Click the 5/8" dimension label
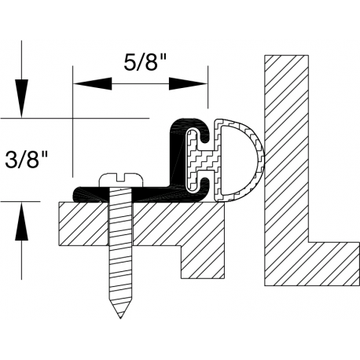(x=145, y=63)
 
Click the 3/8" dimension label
(x=26, y=160)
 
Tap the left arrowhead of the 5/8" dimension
(x=92, y=84)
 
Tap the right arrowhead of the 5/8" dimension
(x=188, y=84)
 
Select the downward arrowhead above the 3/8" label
(x=21, y=98)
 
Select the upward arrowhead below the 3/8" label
(x=21, y=222)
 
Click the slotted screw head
(x=122, y=180)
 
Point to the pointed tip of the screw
(x=120, y=318)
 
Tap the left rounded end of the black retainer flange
(x=76, y=194)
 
